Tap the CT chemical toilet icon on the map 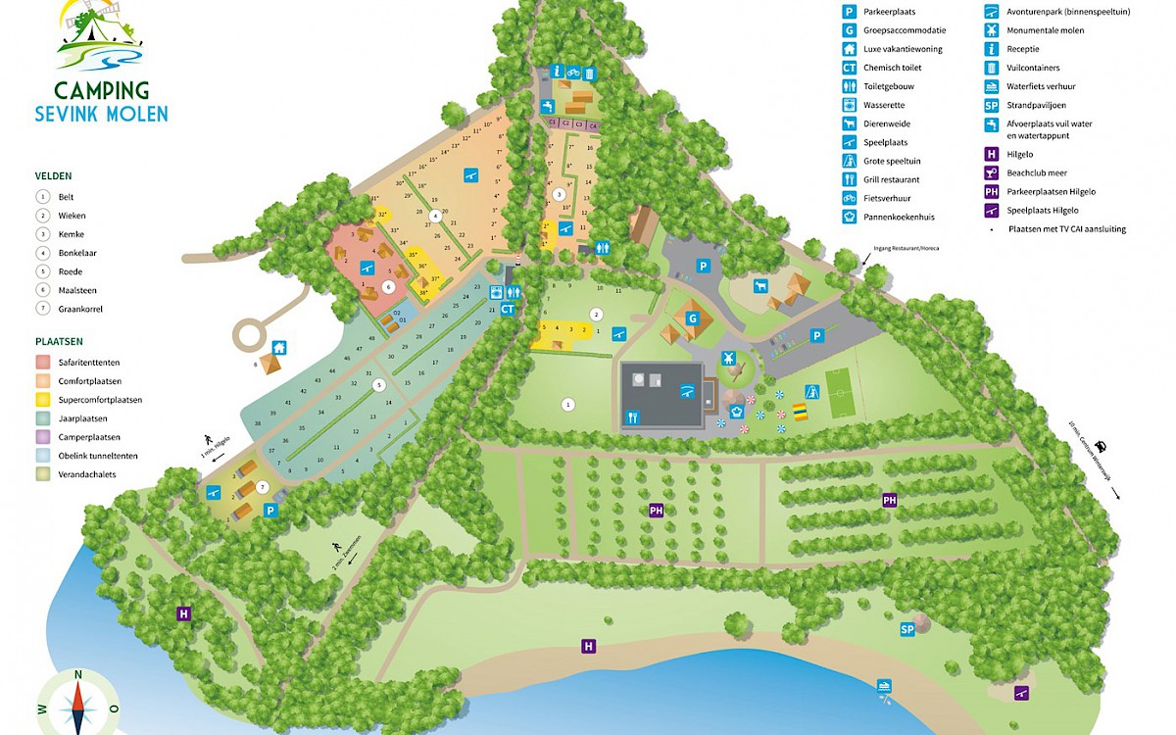(x=508, y=309)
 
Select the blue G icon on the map (x=692, y=318)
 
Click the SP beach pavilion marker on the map (x=907, y=629)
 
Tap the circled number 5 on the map (x=379, y=385)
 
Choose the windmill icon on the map (x=728, y=358)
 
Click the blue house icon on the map (x=279, y=347)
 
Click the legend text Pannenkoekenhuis (x=900, y=217)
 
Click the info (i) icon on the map (x=556, y=72)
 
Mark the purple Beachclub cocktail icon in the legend (x=991, y=172)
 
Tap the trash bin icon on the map (x=589, y=72)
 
